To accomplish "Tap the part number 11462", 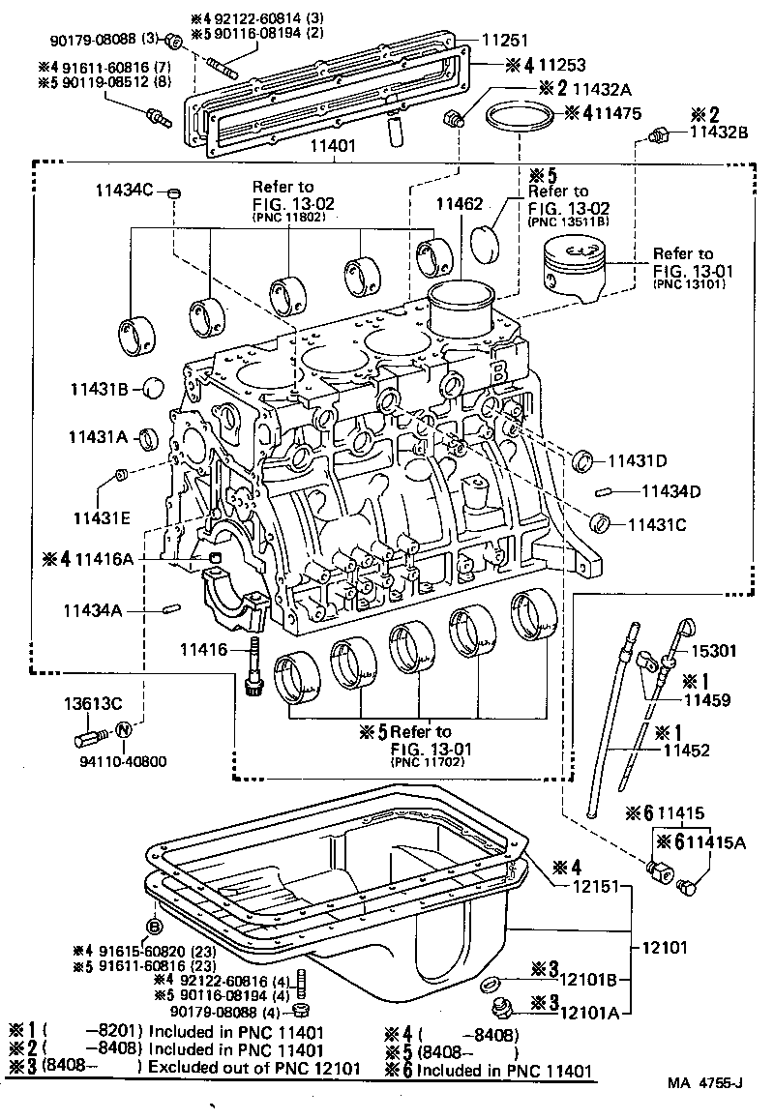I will [459, 204].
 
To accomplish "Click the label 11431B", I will [99, 389].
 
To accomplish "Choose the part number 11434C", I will [125, 191].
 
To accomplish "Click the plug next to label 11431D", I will [583, 459].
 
